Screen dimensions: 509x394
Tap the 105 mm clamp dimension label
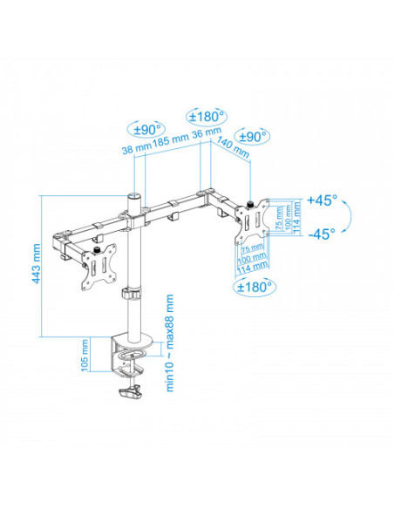[x=84, y=355]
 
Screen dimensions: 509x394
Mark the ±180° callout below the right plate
[x=255, y=285]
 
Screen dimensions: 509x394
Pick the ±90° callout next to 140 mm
[x=254, y=137]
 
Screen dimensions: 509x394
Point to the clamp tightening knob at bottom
[x=131, y=394]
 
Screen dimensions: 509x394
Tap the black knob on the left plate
[x=95, y=253]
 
